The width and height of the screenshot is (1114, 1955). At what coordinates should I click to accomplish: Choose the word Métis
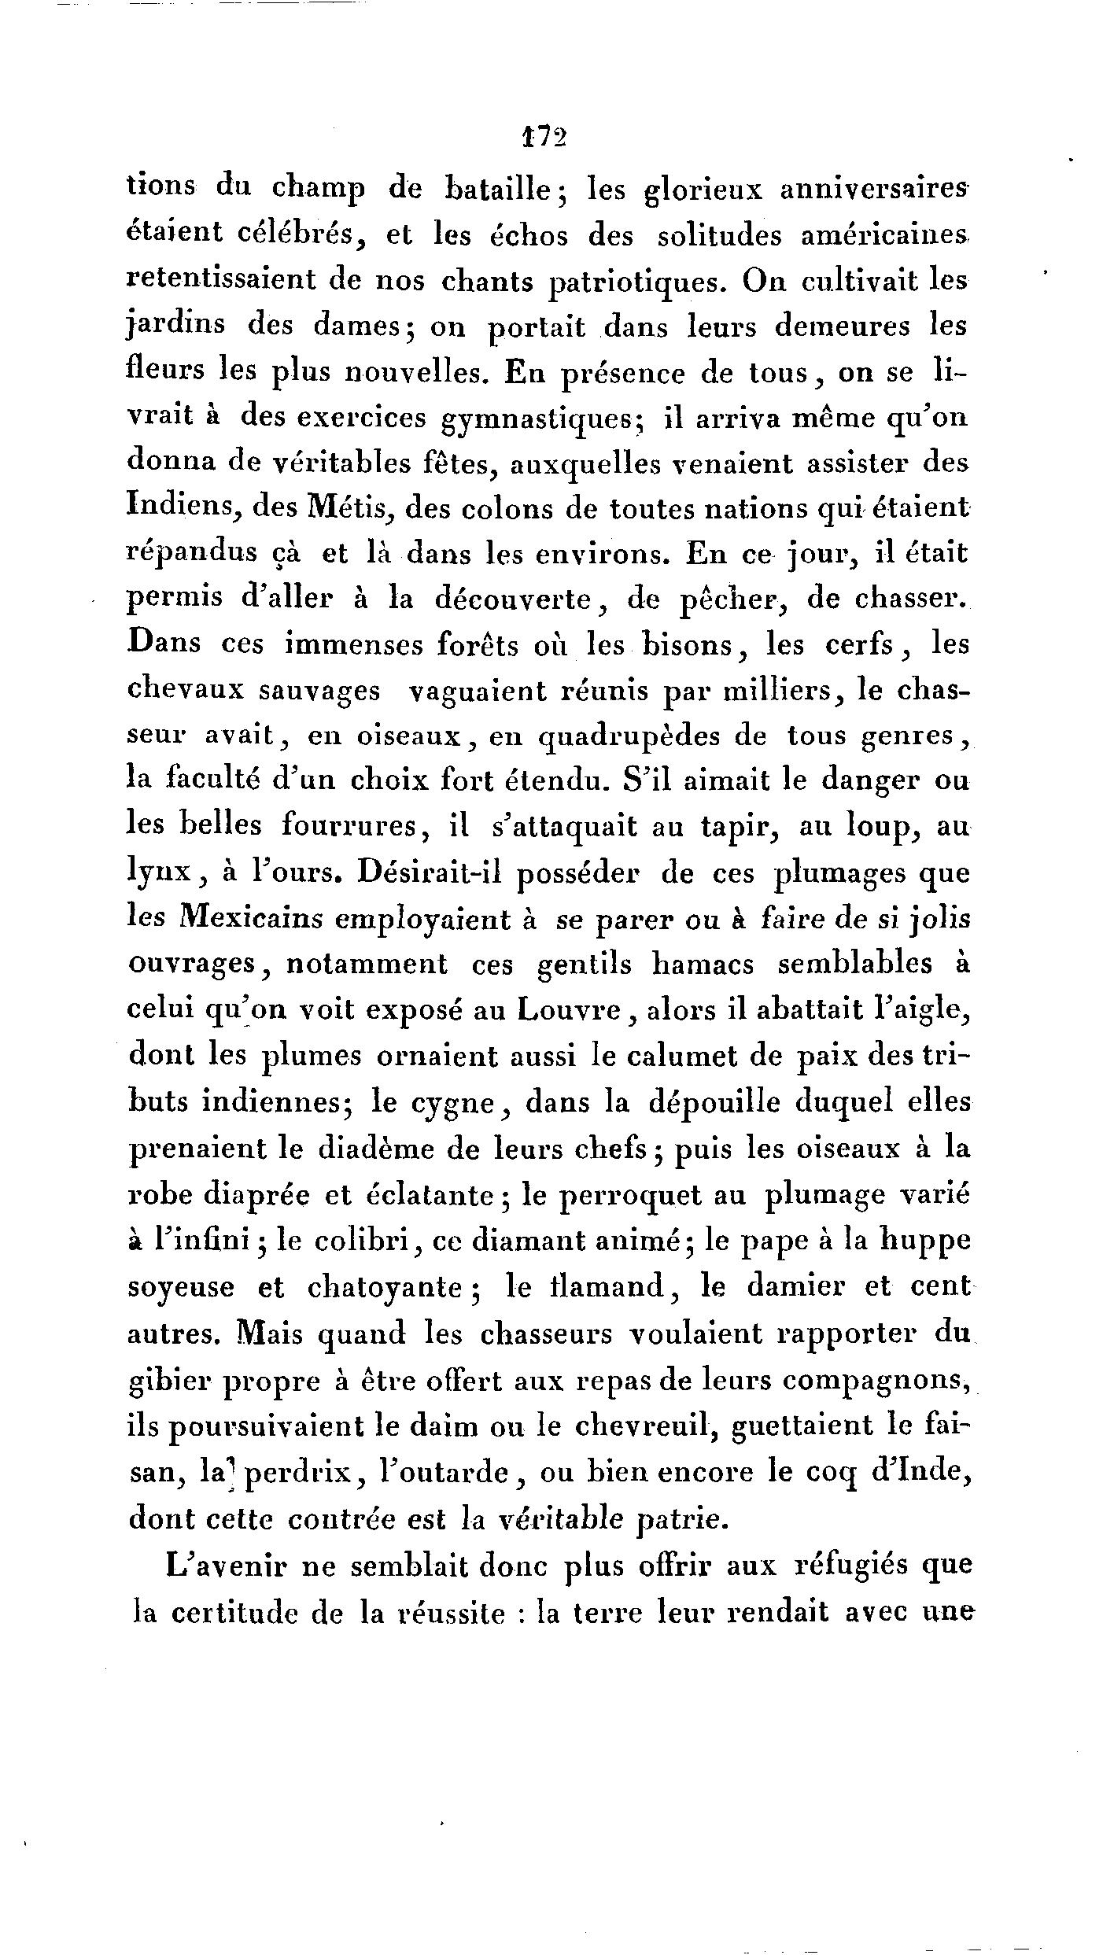353,510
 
